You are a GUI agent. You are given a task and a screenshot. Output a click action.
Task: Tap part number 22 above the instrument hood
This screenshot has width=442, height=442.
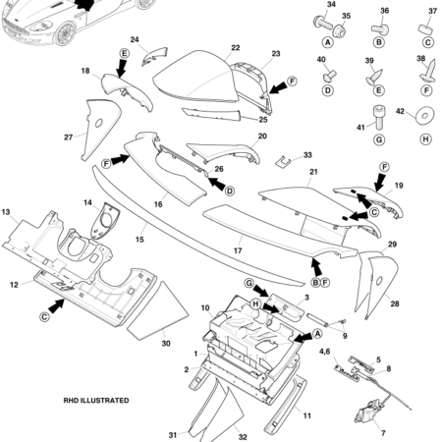[x=236, y=47]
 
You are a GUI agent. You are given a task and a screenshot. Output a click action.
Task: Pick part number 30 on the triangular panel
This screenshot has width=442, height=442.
[x=165, y=344]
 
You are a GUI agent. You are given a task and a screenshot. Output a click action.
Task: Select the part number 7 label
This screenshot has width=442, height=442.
[x=382, y=432]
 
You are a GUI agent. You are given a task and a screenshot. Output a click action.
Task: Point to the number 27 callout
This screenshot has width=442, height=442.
[x=69, y=137]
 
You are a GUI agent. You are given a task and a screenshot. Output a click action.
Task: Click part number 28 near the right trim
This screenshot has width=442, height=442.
[x=395, y=304]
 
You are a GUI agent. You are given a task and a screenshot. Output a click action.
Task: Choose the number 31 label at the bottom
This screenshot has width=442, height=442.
[x=172, y=434]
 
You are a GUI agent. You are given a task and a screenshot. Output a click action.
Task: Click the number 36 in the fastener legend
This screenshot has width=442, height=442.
[x=385, y=11]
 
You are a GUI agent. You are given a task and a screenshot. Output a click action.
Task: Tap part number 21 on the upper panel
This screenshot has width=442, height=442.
[x=313, y=172]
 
